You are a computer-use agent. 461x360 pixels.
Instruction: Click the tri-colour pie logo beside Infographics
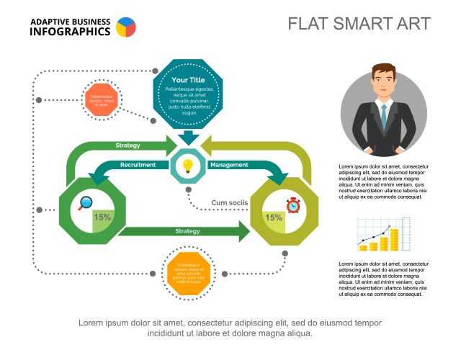point(125,27)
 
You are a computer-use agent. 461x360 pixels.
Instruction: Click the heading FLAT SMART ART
point(359,24)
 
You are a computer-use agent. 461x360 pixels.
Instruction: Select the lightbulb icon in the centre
point(188,166)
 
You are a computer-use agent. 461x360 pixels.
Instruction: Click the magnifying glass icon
point(86,204)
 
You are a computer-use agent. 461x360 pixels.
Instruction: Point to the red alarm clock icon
point(293,204)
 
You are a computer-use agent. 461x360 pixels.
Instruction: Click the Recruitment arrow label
point(138,165)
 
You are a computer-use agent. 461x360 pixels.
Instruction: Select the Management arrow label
point(229,165)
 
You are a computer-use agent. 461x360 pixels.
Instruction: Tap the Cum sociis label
point(229,203)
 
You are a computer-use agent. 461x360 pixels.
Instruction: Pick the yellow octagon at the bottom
point(188,273)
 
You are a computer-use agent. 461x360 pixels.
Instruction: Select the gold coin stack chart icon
point(384,235)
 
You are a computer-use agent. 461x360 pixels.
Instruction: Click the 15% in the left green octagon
point(102,217)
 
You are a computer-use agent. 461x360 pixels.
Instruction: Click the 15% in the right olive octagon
point(273,217)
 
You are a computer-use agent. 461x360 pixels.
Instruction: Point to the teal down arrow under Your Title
point(189,137)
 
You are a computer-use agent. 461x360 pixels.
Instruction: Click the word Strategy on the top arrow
point(127,145)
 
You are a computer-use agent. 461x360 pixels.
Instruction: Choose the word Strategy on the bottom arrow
point(187,231)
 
